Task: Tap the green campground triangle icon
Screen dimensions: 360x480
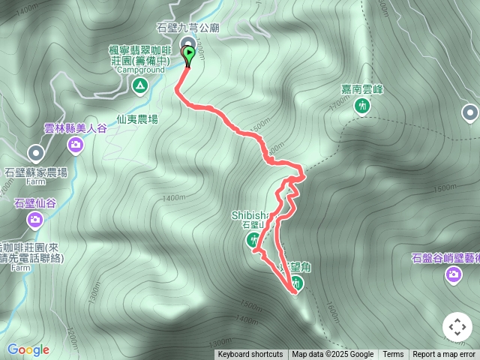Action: pos(139,86)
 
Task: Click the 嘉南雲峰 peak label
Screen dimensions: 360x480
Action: pos(362,89)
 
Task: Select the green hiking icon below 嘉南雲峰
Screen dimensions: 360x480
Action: pos(362,106)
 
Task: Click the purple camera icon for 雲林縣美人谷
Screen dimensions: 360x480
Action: pos(75,143)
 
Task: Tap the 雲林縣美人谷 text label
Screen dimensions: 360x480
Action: pos(75,128)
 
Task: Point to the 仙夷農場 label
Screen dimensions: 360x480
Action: pos(137,118)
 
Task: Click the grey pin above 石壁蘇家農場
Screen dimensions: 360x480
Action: pos(35,154)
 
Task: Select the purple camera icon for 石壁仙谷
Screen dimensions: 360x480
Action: pos(34,220)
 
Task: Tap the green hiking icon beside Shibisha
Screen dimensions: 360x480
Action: pos(253,240)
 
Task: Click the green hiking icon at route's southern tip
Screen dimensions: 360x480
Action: pos(298,284)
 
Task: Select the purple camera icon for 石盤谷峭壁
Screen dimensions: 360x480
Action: pos(453,275)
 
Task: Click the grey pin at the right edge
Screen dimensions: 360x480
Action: pos(470,113)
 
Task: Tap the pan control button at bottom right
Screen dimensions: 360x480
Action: pos(457,327)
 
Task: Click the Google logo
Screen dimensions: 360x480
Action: pos(28,349)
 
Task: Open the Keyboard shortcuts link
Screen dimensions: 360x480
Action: pos(250,355)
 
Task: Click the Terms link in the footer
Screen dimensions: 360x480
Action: pos(393,355)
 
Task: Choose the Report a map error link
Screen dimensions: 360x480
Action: pos(444,355)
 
